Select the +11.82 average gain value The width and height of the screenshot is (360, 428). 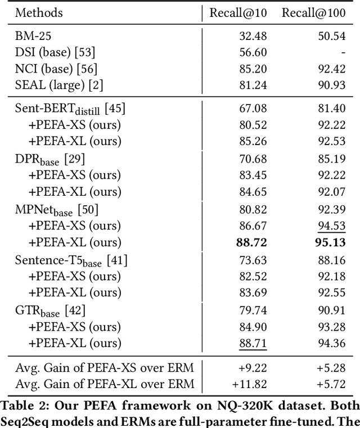[x=250, y=384]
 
